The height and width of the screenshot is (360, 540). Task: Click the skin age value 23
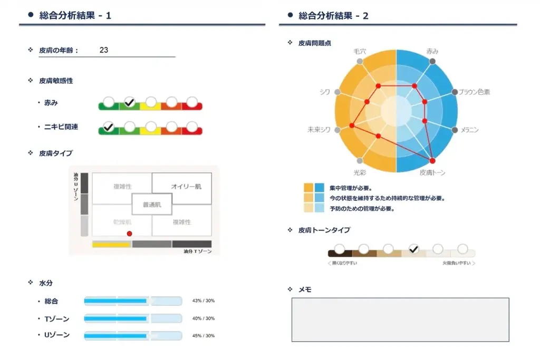tap(104, 50)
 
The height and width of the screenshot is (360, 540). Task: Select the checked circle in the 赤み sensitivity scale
tap(129, 102)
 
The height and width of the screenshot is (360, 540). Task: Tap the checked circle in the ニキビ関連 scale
tap(108, 127)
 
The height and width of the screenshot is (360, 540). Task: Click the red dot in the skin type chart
tap(129, 233)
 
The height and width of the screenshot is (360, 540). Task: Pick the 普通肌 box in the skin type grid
tap(152, 204)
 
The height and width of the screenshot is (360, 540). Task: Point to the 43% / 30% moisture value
tap(204, 301)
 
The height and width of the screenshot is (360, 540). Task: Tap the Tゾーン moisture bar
tap(133, 318)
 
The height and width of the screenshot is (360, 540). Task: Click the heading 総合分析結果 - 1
tap(75, 16)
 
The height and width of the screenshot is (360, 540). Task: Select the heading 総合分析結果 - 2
tap(334, 16)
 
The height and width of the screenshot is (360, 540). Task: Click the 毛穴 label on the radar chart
tap(360, 52)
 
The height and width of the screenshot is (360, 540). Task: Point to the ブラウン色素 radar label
tap(474, 92)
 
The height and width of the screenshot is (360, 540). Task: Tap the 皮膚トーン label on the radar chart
tap(432, 172)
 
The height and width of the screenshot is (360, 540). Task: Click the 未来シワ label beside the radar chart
tap(320, 130)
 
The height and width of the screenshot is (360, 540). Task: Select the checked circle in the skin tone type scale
tap(413, 249)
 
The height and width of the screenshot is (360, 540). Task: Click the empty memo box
tap(400, 319)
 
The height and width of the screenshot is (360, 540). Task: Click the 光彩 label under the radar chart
tap(360, 172)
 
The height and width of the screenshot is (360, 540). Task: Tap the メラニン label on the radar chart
tap(470, 130)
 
